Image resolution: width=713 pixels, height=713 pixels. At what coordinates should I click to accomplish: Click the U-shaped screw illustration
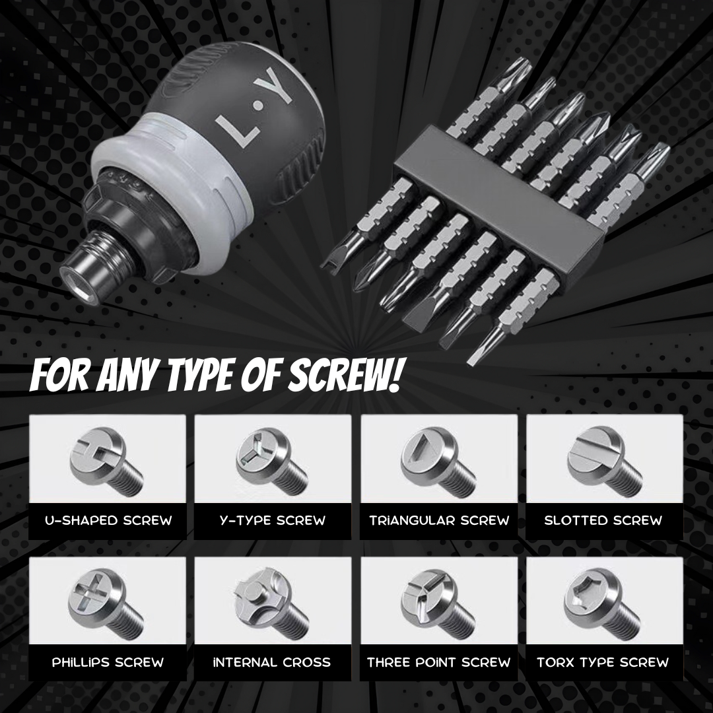coord(108,461)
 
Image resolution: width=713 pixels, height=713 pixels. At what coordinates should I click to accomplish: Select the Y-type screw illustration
coord(273,461)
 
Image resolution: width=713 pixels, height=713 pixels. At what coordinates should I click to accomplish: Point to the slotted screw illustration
coord(604,461)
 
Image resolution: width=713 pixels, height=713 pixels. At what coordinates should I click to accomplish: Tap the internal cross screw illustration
coord(273,603)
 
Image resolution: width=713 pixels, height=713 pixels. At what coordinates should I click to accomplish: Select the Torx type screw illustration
coord(603,603)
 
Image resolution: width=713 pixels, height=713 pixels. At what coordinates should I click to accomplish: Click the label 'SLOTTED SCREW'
coord(603,520)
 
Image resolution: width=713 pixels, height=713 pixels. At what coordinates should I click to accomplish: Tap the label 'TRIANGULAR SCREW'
coord(439,520)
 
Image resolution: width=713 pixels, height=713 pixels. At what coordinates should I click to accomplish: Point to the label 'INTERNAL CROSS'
coord(272,662)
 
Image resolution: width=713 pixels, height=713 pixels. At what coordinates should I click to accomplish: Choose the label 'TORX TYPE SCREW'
coord(603,662)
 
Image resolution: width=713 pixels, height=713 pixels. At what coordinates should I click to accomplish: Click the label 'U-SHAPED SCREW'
coord(108,520)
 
